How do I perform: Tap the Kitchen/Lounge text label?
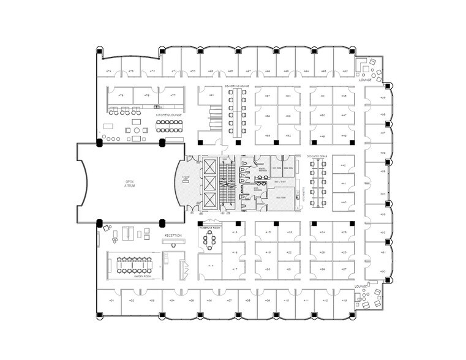(x=168, y=114)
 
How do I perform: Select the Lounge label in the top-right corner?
(x=366, y=80)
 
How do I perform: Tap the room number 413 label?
(x=344, y=301)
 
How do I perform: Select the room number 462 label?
(x=345, y=71)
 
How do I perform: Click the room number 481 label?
(x=211, y=96)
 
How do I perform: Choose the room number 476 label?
(x=147, y=96)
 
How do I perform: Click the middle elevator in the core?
(x=210, y=183)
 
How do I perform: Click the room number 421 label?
(x=288, y=269)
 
